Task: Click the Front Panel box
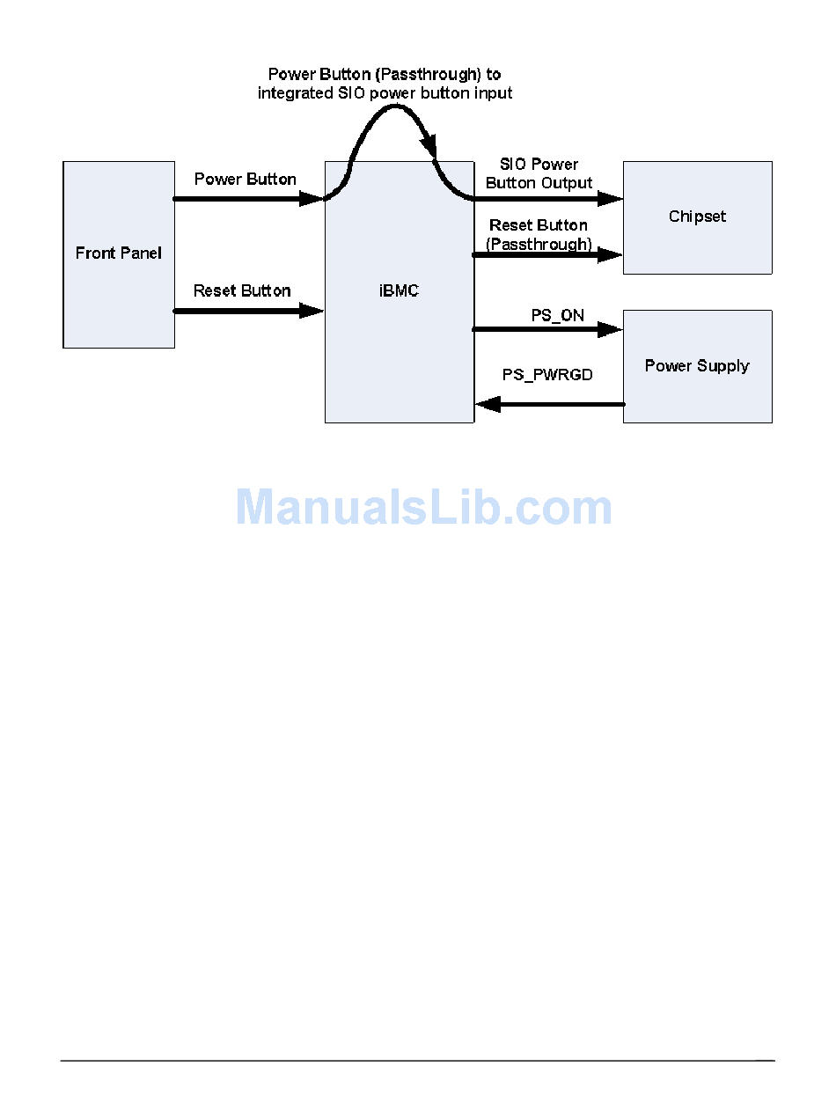[x=119, y=254]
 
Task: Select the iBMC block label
[x=398, y=291]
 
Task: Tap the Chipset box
[x=697, y=217]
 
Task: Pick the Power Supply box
[x=697, y=366]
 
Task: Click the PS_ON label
[x=557, y=315]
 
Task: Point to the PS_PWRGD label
[x=547, y=375]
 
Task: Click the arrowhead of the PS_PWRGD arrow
[x=488, y=404]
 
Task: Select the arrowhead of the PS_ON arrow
[x=610, y=329]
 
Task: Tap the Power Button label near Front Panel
[x=245, y=180]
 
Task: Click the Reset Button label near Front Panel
[x=242, y=290]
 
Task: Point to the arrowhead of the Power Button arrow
[x=312, y=199]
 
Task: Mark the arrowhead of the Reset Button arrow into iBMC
[x=312, y=310]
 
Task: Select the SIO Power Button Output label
[x=539, y=174]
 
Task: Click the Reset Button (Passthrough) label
[x=539, y=235]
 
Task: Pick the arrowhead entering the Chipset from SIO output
[x=610, y=199]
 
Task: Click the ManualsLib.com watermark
[x=423, y=508]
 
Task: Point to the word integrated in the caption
[x=296, y=93]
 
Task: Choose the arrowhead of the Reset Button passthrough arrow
[x=610, y=255]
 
